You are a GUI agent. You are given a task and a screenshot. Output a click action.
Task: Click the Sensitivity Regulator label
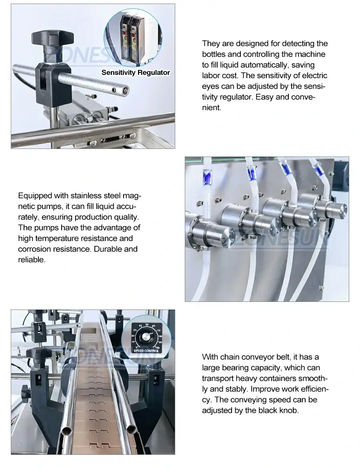(x=136, y=73)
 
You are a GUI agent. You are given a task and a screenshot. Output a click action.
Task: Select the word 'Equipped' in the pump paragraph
(x=35, y=196)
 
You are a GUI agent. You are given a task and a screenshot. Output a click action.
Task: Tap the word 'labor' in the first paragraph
(x=210, y=76)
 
